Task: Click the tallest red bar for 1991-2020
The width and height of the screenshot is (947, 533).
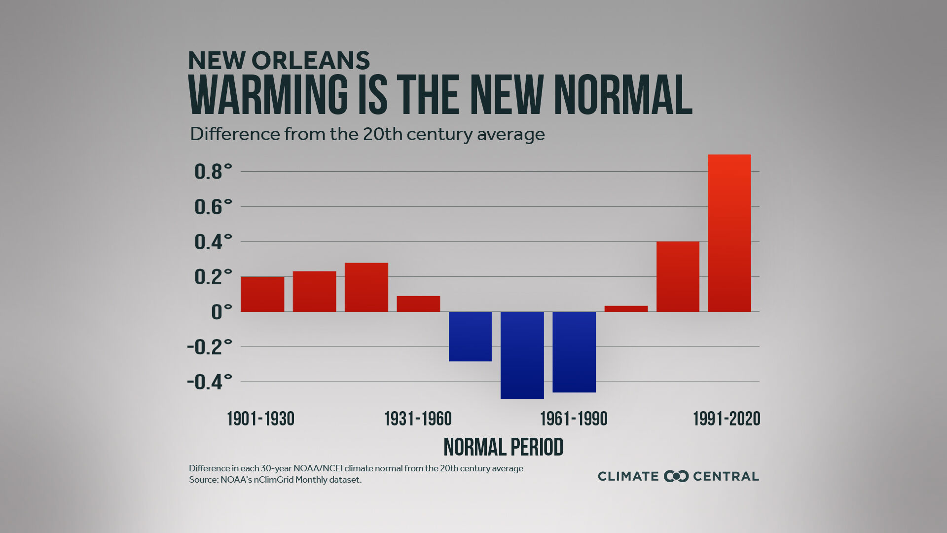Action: (729, 233)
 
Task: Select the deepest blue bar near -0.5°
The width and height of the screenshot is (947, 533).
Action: (522, 355)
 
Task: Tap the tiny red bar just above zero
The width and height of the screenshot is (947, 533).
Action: (626, 308)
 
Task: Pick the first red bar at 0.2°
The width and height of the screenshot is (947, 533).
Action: (262, 294)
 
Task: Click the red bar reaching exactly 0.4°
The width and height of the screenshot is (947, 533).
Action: (678, 276)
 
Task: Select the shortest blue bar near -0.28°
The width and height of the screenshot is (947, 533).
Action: (470, 336)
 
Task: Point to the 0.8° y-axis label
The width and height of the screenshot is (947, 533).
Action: (213, 172)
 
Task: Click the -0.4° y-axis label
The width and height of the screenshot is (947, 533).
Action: (209, 382)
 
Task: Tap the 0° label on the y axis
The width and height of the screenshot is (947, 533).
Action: (221, 312)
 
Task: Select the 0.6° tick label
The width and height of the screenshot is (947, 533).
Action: (213, 207)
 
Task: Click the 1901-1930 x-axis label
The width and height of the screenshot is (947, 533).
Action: (260, 419)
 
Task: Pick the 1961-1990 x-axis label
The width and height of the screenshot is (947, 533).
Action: (574, 419)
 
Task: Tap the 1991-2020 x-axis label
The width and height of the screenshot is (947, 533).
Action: (727, 419)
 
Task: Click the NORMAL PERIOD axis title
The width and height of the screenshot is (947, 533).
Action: (503, 447)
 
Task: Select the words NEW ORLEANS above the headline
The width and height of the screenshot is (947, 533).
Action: (279, 61)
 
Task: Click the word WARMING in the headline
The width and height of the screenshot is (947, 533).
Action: (268, 95)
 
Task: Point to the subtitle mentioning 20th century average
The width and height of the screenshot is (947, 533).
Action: (367, 134)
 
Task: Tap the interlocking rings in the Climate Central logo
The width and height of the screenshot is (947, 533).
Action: (676, 476)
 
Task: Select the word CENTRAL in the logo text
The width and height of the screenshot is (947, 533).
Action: (726, 476)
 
